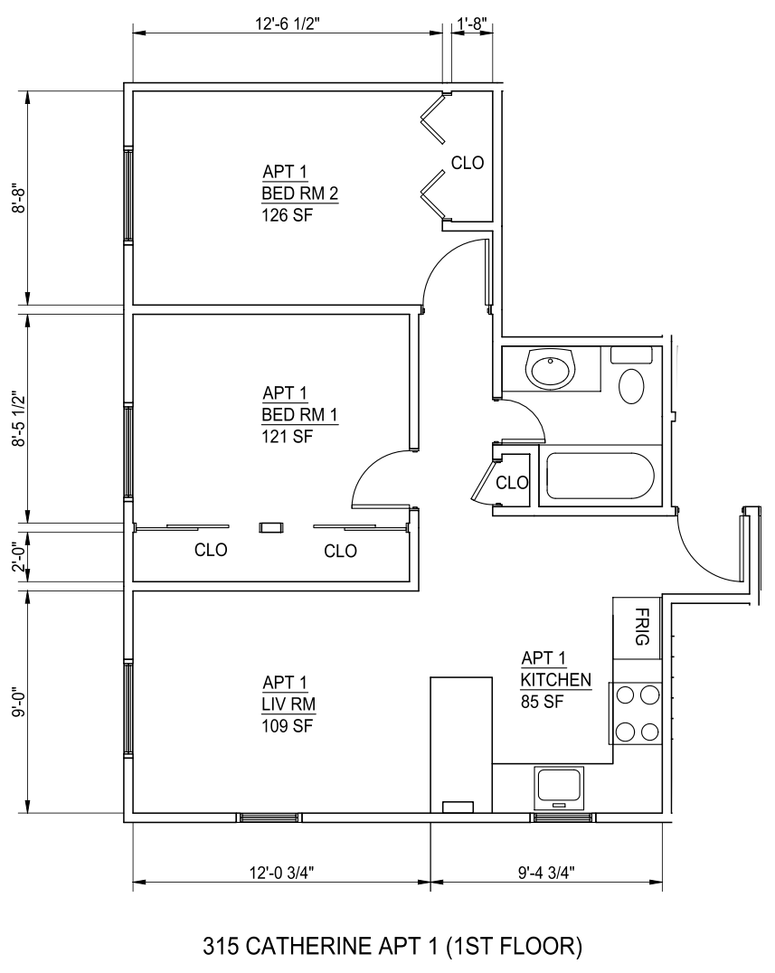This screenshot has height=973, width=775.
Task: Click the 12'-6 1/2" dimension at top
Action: click(x=288, y=24)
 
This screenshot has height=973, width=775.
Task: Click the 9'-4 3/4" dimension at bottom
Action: click(x=546, y=873)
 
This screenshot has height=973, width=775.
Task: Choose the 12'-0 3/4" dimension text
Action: click(x=282, y=873)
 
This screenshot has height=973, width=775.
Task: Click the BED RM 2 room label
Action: click(x=299, y=194)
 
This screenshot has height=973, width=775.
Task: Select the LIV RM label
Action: click(x=288, y=704)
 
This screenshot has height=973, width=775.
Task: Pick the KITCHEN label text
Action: click(x=556, y=680)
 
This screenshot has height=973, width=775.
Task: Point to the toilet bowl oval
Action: click(x=631, y=387)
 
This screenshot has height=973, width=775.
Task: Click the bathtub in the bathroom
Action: click(x=600, y=476)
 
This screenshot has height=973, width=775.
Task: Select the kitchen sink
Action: click(x=561, y=784)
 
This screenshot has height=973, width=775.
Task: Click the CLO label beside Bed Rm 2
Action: click(x=468, y=163)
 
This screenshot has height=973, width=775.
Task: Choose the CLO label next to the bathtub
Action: click(x=512, y=482)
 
